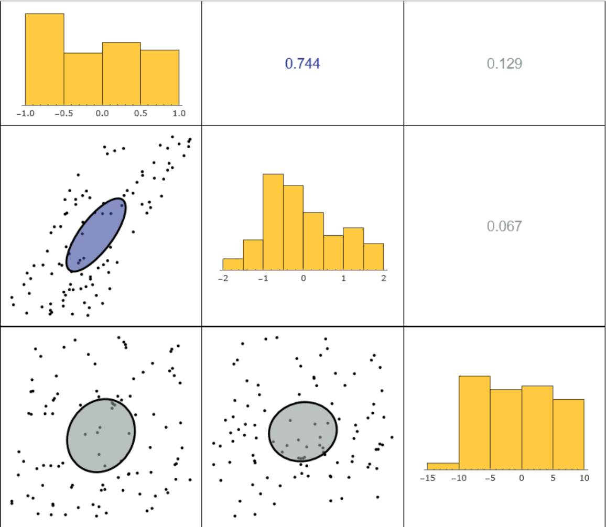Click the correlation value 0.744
[302, 64]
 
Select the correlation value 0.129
[504, 64]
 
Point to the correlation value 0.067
[504, 226]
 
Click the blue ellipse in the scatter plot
[96, 234]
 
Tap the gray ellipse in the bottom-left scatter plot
[101, 435]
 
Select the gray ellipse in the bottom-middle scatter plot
[302, 432]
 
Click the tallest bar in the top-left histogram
[45, 59]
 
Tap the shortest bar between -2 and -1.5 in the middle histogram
[233, 264]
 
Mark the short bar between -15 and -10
[443, 466]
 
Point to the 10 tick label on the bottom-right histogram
[584, 478]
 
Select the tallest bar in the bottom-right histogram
[474, 422]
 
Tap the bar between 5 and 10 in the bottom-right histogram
[568, 434]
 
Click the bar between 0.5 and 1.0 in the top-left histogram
[160, 78]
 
